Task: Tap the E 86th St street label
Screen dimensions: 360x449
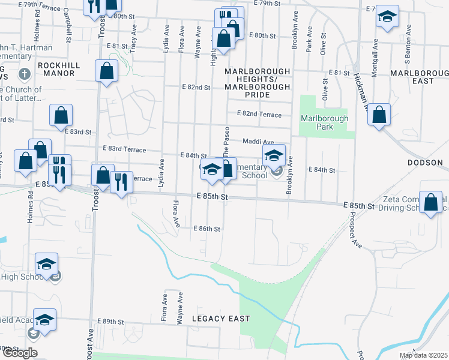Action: tap(208, 229)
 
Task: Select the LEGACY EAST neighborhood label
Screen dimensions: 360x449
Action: tap(220, 318)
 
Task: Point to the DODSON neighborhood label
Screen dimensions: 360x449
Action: tap(424, 163)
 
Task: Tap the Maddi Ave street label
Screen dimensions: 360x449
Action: tap(258, 142)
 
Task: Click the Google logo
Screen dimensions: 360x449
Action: tap(20, 353)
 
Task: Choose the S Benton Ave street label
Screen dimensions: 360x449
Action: tap(407, 50)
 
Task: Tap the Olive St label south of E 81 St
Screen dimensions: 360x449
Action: tap(325, 89)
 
